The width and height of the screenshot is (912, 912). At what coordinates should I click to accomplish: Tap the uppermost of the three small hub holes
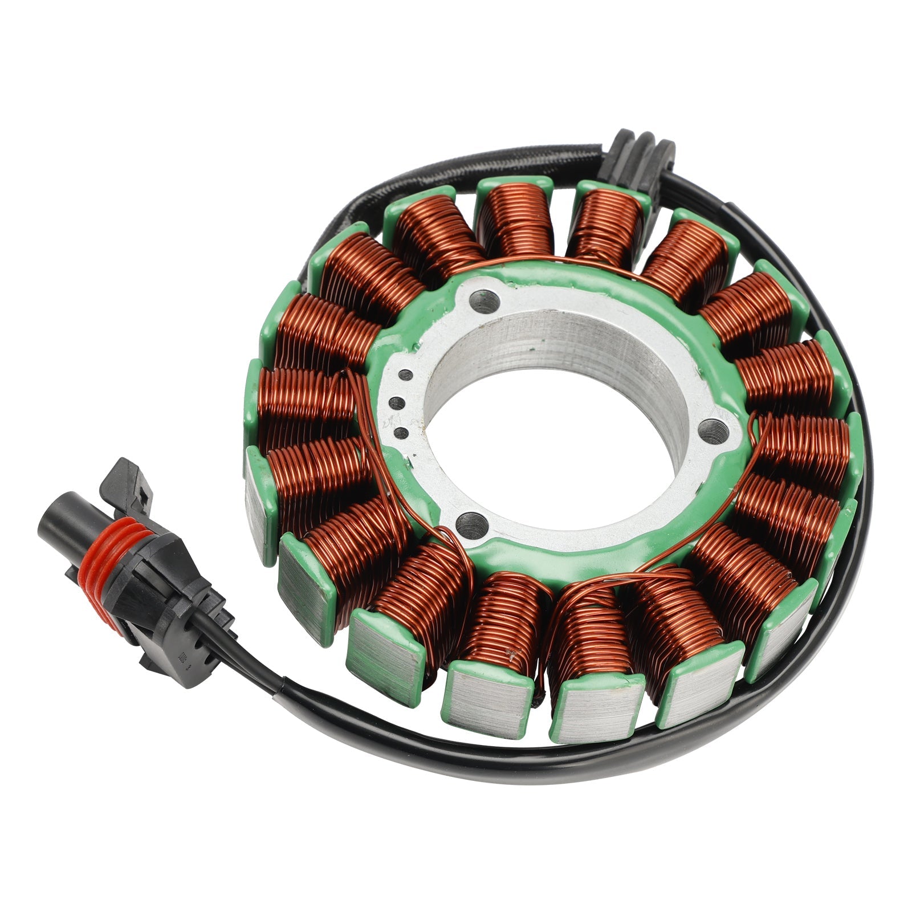click(x=405, y=374)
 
